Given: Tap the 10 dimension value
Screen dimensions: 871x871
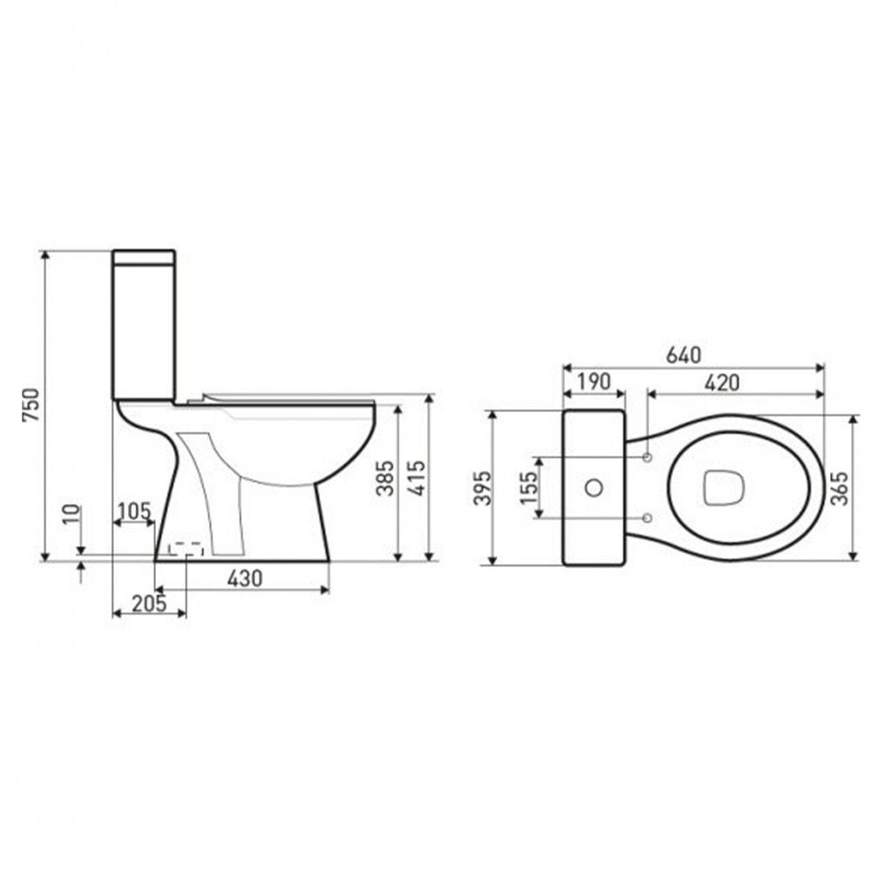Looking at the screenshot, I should click(73, 514).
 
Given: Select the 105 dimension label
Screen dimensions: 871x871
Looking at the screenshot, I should click(134, 510).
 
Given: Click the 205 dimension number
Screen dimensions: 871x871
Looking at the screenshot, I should click(149, 602).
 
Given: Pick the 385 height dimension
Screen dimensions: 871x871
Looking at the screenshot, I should click(384, 478).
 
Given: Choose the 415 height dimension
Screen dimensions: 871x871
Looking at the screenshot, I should click(416, 478).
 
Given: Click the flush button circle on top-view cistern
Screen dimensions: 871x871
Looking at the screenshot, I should click(595, 488).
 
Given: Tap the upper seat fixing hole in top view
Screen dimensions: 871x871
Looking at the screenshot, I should click(646, 457).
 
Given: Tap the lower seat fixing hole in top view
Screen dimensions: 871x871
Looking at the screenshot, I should click(646, 518).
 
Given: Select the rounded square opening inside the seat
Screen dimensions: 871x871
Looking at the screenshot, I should click(720, 488).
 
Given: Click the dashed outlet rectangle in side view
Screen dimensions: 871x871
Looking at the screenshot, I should click(186, 549).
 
